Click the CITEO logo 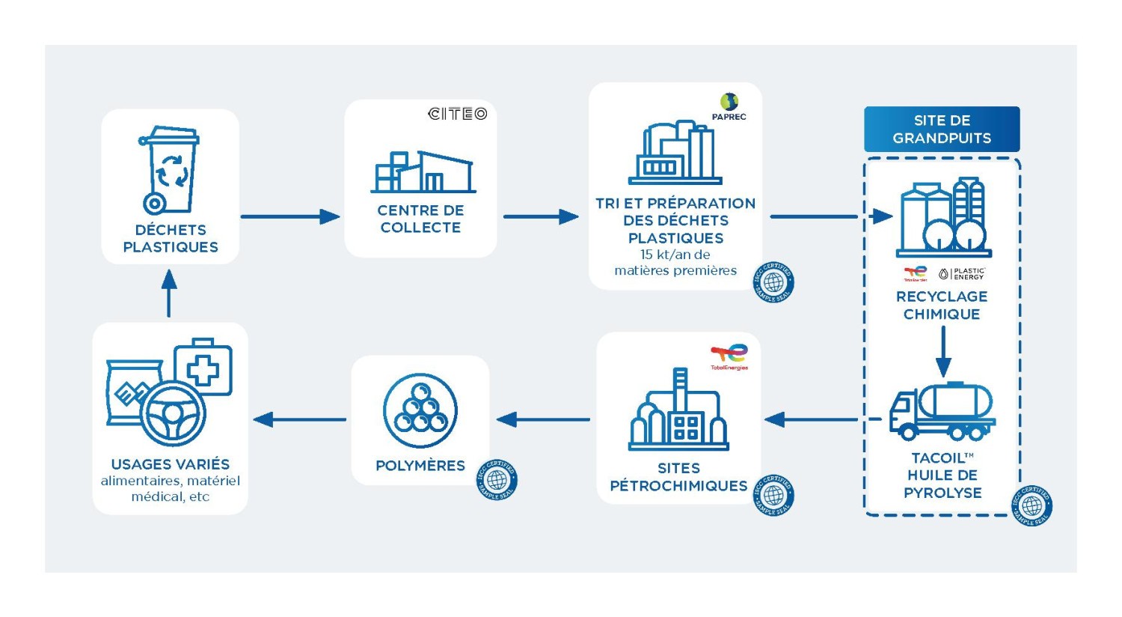tap(457, 114)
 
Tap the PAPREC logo tap(729, 106)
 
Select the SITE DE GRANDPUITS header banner tap(942, 130)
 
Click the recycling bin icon tap(170, 170)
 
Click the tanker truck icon tap(942, 412)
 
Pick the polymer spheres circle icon tap(420, 411)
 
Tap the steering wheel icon tap(173, 414)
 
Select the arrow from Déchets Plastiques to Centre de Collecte tap(290, 217)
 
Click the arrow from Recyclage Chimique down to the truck tap(943, 352)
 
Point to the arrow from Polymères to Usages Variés tap(299, 419)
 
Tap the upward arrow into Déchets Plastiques tap(169, 293)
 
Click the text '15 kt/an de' tap(675, 255)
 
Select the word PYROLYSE tap(942, 493)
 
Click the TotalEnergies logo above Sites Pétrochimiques tap(729, 356)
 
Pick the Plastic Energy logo tap(963, 274)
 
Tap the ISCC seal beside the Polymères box tap(497, 479)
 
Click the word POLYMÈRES tap(420, 466)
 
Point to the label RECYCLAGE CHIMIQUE tap(942, 306)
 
